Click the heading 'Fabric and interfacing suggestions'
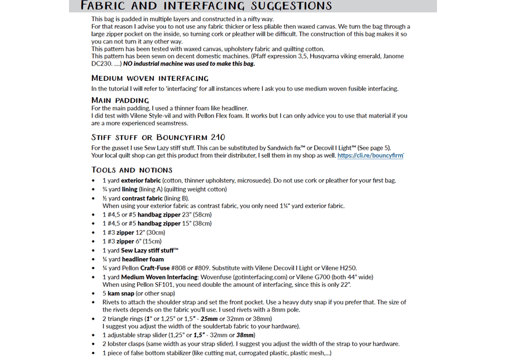tap(206, 6)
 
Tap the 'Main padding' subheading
tap(120, 100)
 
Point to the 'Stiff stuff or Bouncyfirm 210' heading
tap(158, 138)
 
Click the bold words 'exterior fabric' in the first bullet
tap(141, 180)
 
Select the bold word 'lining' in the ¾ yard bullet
tap(129, 189)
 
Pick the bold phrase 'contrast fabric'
tap(142, 198)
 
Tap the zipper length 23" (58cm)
tap(199, 215)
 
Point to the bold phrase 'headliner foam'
tap(142, 259)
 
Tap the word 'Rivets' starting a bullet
tap(111, 302)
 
